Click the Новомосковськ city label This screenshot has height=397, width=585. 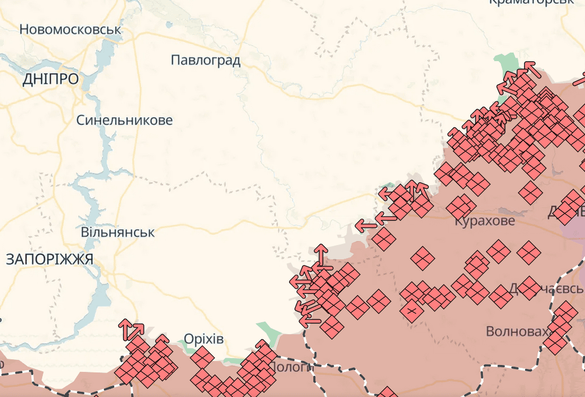tap(71, 29)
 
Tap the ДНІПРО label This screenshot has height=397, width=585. tap(50, 79)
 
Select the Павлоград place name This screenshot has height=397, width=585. tap(205, 61)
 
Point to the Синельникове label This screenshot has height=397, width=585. tap(124, 121)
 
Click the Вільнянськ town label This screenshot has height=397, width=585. tap(118, 232)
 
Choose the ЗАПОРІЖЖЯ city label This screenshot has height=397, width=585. tap(49, 259)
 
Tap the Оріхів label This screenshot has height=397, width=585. tap(204, 339)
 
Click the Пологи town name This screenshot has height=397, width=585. tap(289, 367)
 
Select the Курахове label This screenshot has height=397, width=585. tap(485, 220)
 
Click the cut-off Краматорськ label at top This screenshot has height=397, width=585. tap(531, 2)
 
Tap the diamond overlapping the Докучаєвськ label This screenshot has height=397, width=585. tap(530, 287)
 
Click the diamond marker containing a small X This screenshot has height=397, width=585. tap(411, 311)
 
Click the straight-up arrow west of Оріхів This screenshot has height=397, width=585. tap(125, 328)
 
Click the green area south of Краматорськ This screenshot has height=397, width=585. tap(505, 64)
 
